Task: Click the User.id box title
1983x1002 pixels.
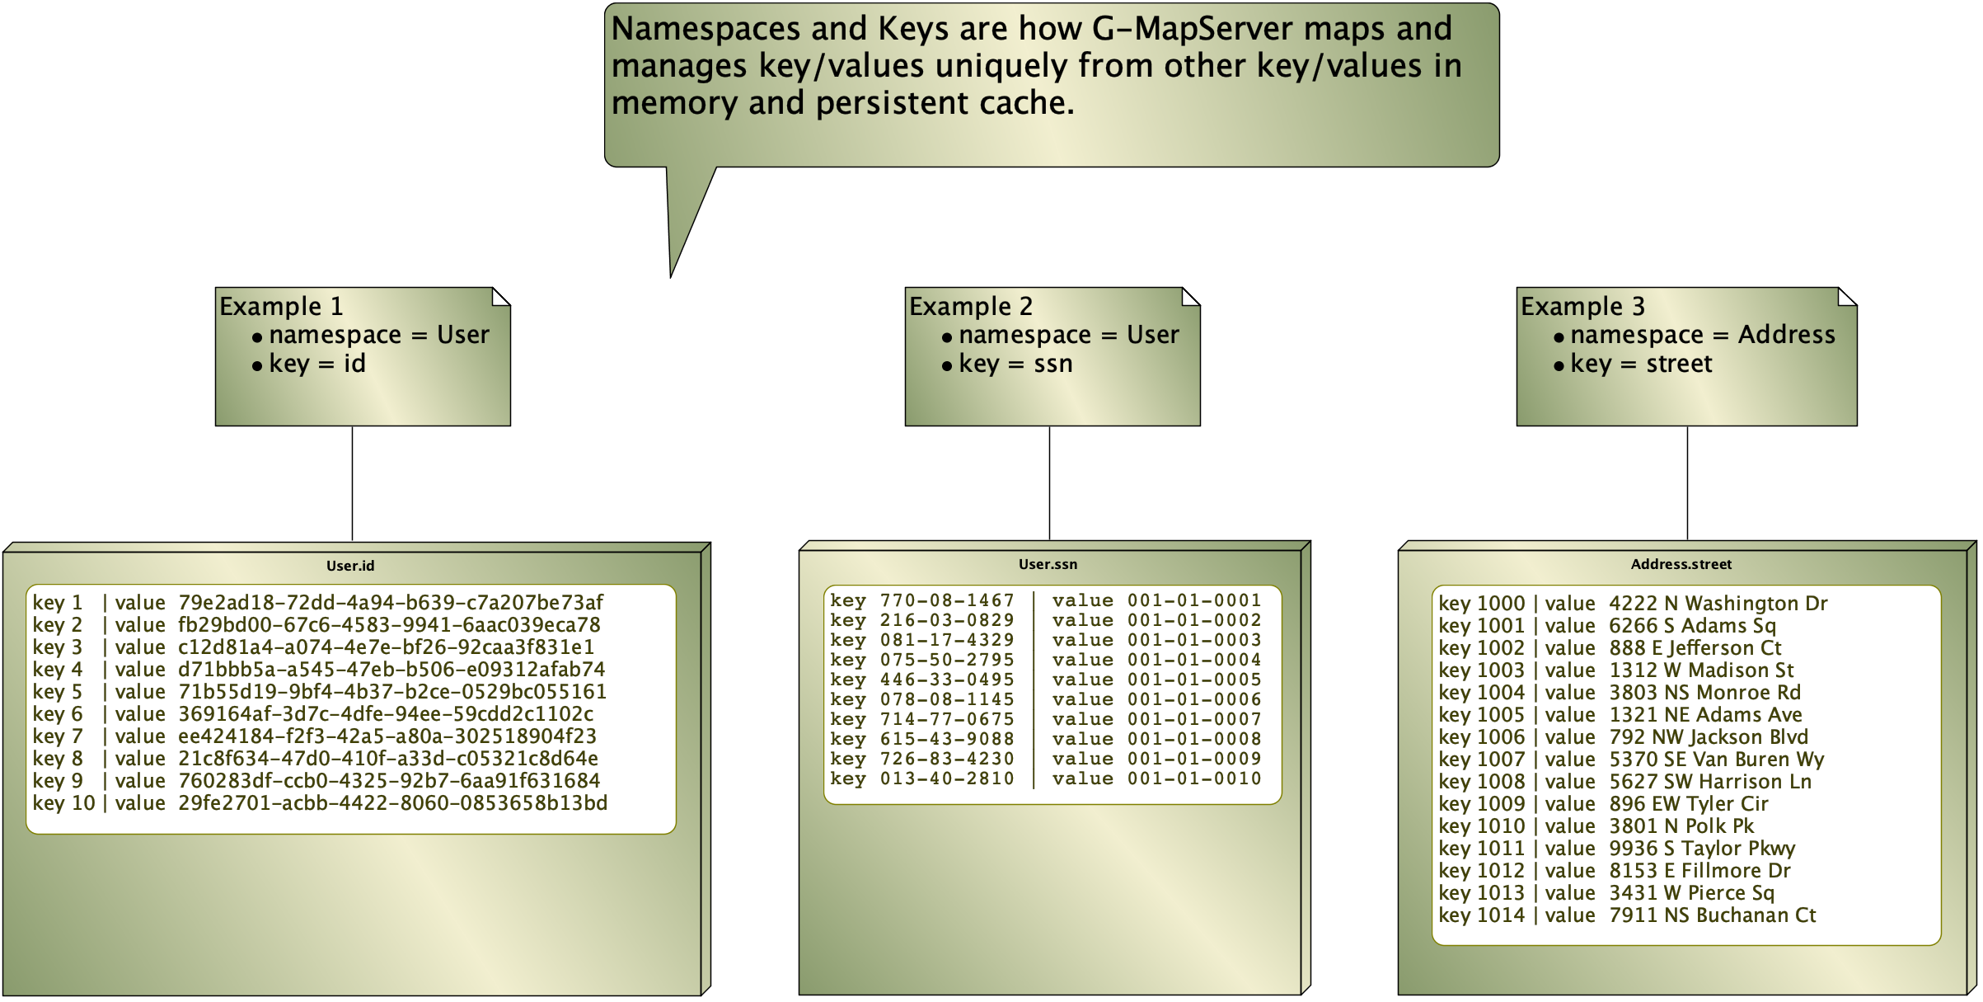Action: [349, 566]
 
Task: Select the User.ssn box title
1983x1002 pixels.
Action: [1048, 564]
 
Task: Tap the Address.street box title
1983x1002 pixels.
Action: [1681, 564]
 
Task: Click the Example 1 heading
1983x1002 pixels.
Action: [281, 306]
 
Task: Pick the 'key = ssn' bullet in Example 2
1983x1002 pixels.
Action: [1015, 364]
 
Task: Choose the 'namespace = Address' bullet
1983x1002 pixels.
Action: [1702, 335]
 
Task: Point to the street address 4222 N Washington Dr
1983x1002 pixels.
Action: [1718, 604]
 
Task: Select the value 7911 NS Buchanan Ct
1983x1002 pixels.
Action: [1712, 915]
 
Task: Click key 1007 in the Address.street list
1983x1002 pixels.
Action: [1481, 760]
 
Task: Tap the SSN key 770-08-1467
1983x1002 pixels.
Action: [947, 600]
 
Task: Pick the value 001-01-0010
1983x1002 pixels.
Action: [1194, 779]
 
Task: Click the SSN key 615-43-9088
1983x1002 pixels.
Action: [947, 739]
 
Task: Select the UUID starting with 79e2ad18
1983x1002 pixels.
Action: [391, 603]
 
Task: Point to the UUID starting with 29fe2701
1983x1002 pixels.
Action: [392, 803]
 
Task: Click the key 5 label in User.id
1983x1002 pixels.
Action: [58, 692]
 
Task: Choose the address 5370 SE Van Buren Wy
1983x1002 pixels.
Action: [1716, 760]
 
